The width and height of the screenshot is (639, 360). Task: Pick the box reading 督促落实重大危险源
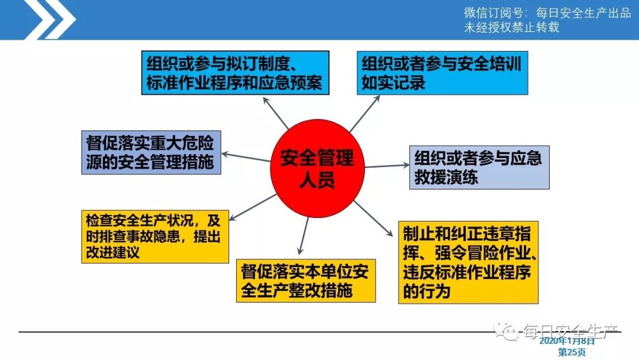151,152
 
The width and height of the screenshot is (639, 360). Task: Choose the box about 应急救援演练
479,168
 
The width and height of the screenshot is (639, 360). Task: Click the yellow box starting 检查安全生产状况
155,236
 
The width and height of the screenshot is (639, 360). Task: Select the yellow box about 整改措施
305,281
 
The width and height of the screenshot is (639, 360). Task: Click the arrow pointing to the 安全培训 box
364,112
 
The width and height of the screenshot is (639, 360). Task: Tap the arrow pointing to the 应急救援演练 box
385,166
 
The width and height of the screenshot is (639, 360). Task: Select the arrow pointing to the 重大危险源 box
246,157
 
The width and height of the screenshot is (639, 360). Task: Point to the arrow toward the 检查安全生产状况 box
254,205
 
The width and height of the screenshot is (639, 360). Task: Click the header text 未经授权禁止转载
511,27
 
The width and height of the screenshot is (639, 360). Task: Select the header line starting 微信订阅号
547,13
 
